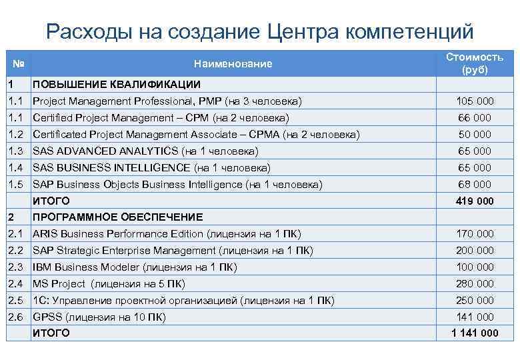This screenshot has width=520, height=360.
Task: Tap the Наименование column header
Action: [233, 64]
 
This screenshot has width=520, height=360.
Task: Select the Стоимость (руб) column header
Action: [474, 63]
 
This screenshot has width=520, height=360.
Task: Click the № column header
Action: [19, 64]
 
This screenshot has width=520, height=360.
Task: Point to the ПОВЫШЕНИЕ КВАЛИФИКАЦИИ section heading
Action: [117, 85]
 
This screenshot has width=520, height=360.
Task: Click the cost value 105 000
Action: [475, 101]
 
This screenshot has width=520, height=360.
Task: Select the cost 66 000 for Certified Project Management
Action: [475, 118]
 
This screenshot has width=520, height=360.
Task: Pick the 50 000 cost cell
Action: [475, 135]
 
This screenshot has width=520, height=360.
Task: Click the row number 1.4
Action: [18, 167]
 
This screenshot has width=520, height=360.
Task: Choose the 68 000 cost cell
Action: [475, 184]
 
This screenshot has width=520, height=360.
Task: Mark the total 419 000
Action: [475, 201]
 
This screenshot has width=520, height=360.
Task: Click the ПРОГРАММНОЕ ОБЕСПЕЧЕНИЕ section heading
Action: [118, 217]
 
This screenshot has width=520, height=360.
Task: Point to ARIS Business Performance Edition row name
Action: [167, 234]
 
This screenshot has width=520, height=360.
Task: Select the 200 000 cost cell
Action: [475, 251]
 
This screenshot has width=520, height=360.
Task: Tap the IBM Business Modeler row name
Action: [135, 267]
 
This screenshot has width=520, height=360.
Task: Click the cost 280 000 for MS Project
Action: [475, 283]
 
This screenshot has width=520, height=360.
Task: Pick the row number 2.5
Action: [18, 300]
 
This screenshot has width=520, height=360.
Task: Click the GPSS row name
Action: [99, 317]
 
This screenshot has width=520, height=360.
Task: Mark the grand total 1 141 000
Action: [475, 333]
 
